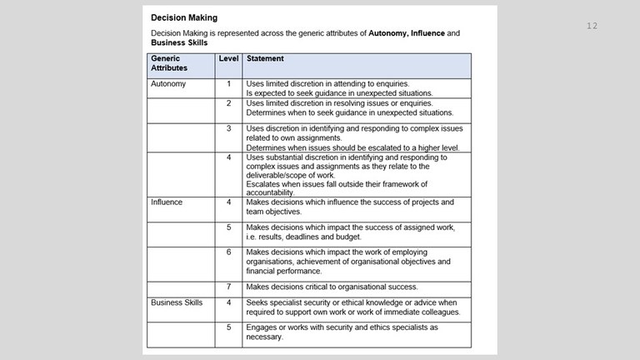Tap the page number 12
(x=592, y=26)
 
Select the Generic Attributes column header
(x=168, y=63)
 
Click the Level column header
(x=228, y=59)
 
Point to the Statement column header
(x=265, y=59)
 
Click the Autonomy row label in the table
(x=168, y=84)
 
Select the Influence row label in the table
(x=167, y=202)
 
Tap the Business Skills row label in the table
(x=177, y=302)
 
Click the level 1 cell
(x=228, y=84)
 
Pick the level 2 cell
(x=228, y=102)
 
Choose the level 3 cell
(x=228, y=128)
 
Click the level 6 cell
(x=228, y=252)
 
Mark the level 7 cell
(x=228, y=287)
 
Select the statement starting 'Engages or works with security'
(x=342, y=332)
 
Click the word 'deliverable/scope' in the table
(x=280, y=175)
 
